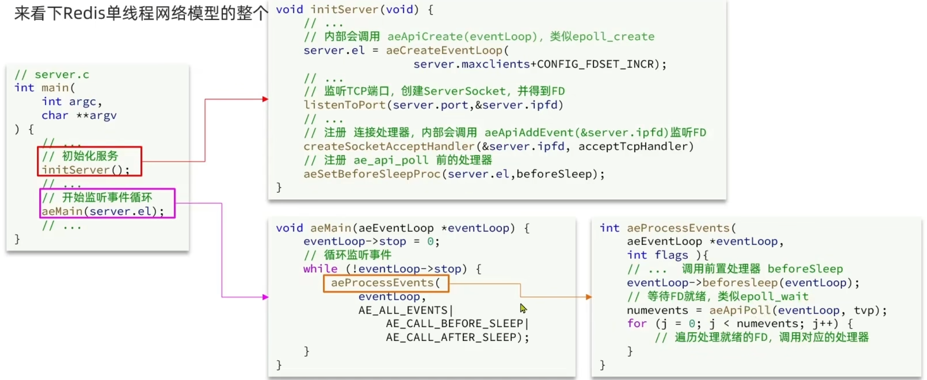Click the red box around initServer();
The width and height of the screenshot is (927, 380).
pyautogui.click(x=89, y=161)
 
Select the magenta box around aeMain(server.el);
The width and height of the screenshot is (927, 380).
pyautogui.click(x=107, y=203)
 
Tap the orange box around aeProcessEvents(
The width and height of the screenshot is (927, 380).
pyautogui.click(x=386, y=283)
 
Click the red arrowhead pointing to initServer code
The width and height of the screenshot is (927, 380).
pyautogui.click(x=265, y=99)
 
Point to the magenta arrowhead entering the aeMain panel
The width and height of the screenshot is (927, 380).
pyautogui.click(x=265, y=297)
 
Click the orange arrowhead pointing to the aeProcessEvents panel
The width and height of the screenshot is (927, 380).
pyautogui.click(x=589, y=297)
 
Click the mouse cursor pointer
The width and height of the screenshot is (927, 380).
pyautogui.click(x=523, y=308)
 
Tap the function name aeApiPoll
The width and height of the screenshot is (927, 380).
pyautogui.click(x=740, y=311)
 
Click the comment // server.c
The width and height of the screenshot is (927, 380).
pyautogui.click(x=52, y=75)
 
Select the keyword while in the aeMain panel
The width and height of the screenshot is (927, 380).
pyautogui.click(x=320, y=269)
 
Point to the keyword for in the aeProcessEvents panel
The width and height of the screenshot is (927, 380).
pyautogui.click(x=637, y=324)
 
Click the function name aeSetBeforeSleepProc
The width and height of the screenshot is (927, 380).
pyautogui.click(x=372, y=174)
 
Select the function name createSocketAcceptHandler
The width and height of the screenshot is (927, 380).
pyautogui.click(x=389, y=147)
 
